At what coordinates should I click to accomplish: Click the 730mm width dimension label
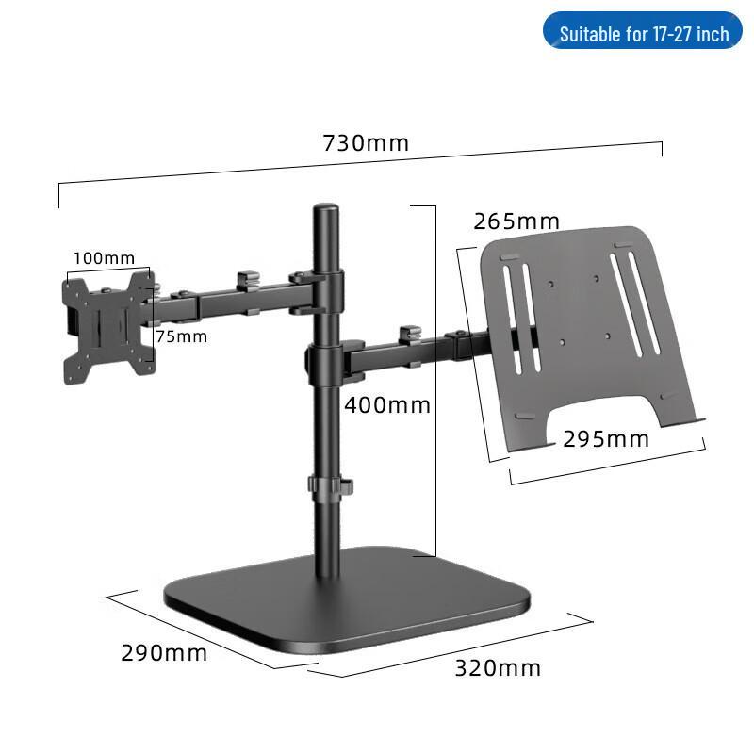366,143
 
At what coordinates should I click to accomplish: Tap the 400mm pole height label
386,406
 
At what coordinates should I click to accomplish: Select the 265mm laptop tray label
516,221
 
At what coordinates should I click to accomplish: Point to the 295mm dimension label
606,438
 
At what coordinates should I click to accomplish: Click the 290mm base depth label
164,652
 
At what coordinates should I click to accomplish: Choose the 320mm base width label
498,668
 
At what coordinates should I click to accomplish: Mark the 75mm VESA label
181,336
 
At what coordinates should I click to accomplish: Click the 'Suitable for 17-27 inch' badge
644,34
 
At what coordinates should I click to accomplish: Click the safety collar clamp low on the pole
328,487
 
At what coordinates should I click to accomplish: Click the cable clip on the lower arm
410,335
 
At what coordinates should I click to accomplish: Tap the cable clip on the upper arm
247,279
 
